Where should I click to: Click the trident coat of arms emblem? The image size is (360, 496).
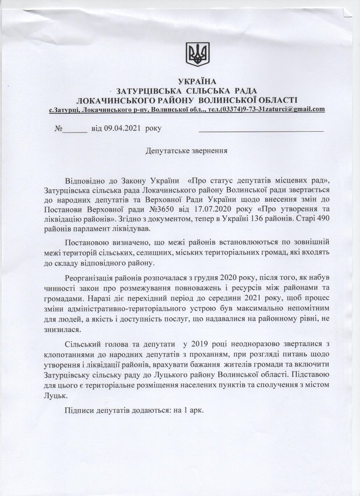pos(198,54)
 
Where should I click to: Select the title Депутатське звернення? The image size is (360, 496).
pos(186,151)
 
